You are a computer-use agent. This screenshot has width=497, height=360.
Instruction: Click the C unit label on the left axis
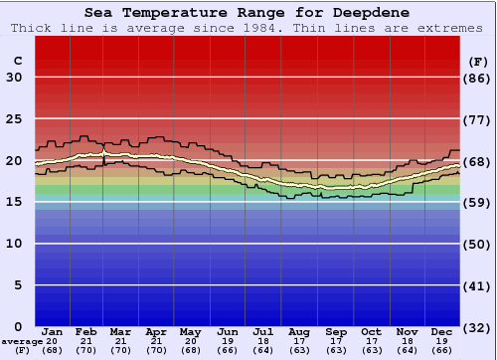[x=17, y=61]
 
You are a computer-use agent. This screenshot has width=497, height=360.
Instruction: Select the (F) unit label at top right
[x=477, y=61]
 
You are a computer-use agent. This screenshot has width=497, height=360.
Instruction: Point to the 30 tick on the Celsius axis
[x=16, y=78]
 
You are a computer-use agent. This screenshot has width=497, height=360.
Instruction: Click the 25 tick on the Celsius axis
[x=16, y=119]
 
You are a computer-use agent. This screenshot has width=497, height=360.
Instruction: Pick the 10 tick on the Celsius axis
[x=16, y=244]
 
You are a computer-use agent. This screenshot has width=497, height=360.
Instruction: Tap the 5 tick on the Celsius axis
[x=20, y=285]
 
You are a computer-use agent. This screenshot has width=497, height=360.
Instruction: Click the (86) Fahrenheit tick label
[x=477, y=78]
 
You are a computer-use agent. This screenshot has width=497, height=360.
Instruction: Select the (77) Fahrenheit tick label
[x=477, y=119]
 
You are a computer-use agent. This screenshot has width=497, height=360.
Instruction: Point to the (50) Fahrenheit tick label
[x=477, y=244]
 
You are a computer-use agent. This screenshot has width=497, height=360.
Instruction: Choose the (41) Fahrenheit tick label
[x=477, y=285]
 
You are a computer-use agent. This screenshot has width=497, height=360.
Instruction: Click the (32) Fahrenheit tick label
[x=477, y=327]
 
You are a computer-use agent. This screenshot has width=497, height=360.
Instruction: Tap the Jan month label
[x=53, y=331]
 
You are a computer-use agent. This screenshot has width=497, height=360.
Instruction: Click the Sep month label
[x=335, y=331]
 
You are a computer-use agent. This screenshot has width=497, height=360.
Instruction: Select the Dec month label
[x=441, y=331]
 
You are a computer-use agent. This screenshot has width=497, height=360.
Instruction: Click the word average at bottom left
[x=22, y=341]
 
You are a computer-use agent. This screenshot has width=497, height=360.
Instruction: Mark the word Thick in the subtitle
[x=31, y=28]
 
